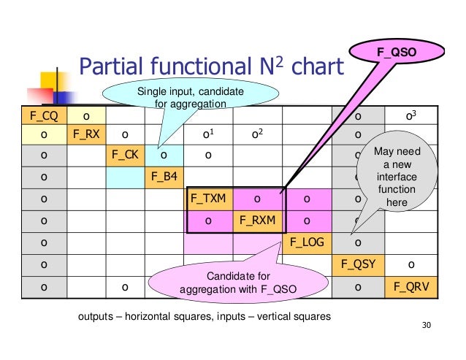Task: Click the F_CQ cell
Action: pos(43,115)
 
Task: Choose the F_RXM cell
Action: pos(255,218)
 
